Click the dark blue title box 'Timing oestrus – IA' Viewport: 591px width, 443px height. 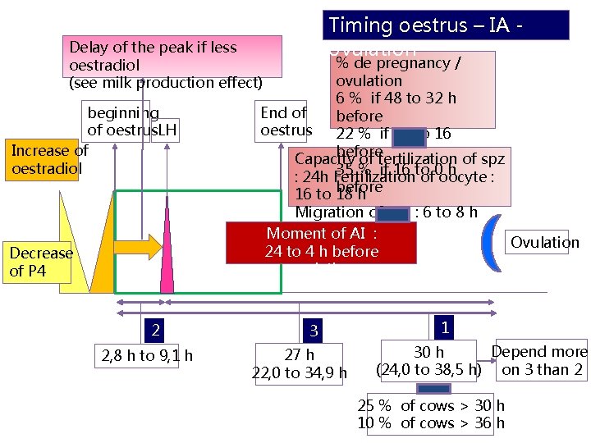447,25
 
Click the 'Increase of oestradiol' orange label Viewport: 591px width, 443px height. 48,159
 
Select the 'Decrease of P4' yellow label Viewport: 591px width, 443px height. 41,262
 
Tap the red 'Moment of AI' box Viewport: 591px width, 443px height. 321,242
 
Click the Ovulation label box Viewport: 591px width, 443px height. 544,242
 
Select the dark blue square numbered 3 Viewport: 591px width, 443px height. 313,330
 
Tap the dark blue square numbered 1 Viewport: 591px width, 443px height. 444,327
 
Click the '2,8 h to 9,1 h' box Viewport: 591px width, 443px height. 147,355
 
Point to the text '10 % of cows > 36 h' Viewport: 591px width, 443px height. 431,423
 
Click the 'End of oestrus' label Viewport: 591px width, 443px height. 285,121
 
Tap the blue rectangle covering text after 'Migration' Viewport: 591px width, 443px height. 394,213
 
